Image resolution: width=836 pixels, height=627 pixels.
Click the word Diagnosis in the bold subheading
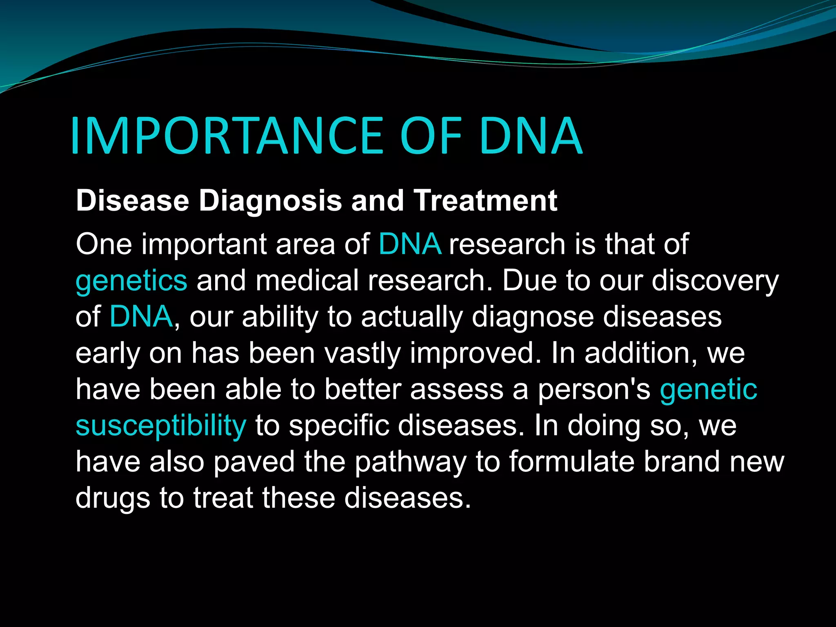click(270, 201)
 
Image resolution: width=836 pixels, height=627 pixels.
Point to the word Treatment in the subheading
click(485, 201)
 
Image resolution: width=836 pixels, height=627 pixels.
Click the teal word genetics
click(131, 281)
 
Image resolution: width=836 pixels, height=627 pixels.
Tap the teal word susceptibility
click(161, 426)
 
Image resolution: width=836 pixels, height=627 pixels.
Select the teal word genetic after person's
click(708, 389)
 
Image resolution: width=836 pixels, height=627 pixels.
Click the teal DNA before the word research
click(410, 245)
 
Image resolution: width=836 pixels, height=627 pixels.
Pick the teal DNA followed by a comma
click(141, 317)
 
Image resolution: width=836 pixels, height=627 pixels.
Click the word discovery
click(715, 281)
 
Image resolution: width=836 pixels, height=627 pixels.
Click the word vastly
click(362, 354)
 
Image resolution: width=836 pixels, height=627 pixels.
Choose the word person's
click(594, 390)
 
